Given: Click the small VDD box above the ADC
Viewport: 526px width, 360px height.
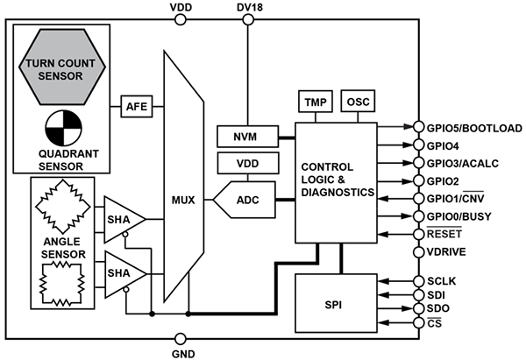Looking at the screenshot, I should pyautogui.click(x=247, y=164).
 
